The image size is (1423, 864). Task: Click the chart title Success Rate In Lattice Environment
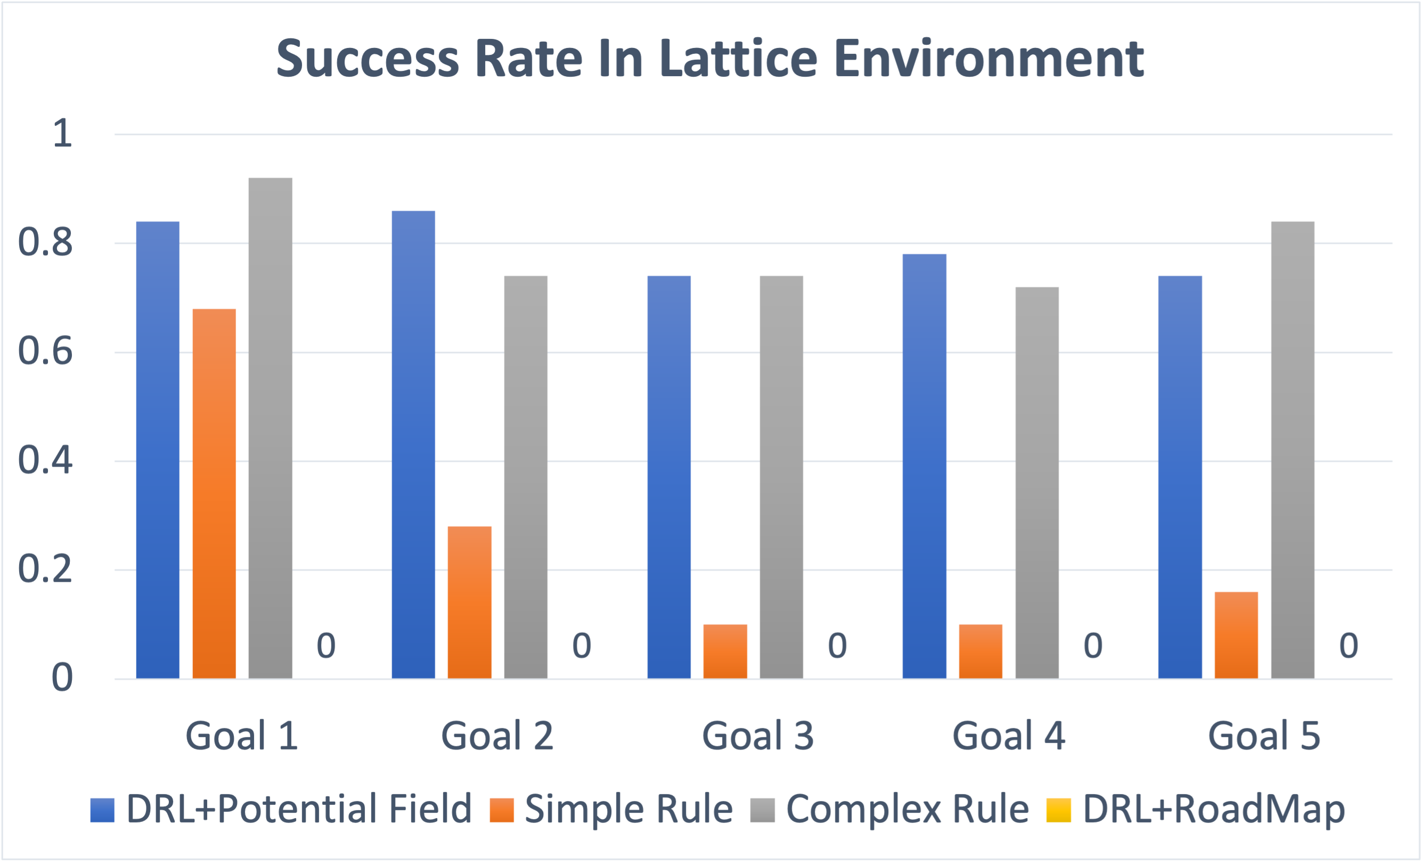pyautogui.click(x=710, y=59)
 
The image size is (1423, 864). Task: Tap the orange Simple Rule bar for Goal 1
pyautogui.click(x=214, y=493)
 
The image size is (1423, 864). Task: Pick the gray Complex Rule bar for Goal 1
pyautogui.click(x=271, y=427)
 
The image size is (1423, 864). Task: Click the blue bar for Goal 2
pyautogui.click(x=413, y=444)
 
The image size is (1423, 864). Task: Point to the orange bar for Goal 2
pyautogui.click(x=470, y=602)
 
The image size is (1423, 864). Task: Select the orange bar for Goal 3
pyautogui.click(x=725, y=651)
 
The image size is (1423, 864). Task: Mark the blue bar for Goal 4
pyautogui.click(x=924, y=466)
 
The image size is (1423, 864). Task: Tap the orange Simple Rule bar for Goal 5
pyautogui.click(x=1237, y=635)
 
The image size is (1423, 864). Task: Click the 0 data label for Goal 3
pyautogui.click(x=837, y=646)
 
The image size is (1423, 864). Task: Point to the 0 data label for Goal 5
pyautogui.click(x=1348, y=646)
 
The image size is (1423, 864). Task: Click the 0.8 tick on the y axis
pyautogui.click(x=46, y=242)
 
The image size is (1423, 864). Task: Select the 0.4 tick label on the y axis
pyautogui.click(x=46, y=461)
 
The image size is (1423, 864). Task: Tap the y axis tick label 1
pyautogui.click(x=62, y=134)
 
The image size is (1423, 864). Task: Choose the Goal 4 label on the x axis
pyautogui.click(x=1008, y=736)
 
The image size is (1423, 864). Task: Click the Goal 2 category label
pyautogui.click(x=497, y=736)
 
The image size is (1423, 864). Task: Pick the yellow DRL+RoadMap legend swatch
pyautogui.click(x=1059, y=810)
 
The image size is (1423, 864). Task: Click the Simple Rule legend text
pyautogui.click(x=629, y=809)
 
